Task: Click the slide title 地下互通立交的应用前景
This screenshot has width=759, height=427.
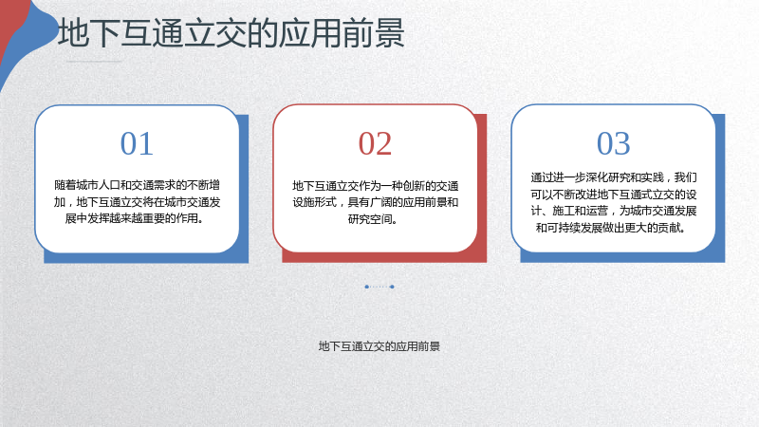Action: point(231,33)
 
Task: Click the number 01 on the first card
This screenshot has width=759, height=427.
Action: point(137,144)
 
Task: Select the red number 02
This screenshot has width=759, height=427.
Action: point(375,144)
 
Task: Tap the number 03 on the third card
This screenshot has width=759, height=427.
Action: point(613,144)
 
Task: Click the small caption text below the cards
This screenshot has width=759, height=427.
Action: point(379,346)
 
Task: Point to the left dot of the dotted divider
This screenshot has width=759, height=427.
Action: point(367,287)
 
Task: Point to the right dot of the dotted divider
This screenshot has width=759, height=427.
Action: point(392,287)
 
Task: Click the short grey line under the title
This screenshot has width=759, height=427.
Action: point(94,62)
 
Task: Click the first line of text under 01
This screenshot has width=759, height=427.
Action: point(137,185)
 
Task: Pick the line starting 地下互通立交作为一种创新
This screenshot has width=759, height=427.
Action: point(375,186)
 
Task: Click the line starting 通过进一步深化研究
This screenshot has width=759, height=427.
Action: point(613,177)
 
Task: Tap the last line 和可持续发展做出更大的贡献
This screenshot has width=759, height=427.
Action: point(611,228)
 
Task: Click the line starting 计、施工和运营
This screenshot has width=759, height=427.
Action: point(613,211)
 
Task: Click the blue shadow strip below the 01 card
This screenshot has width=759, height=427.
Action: point(146,258)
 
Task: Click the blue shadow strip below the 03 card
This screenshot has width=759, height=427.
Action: point(622,257)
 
